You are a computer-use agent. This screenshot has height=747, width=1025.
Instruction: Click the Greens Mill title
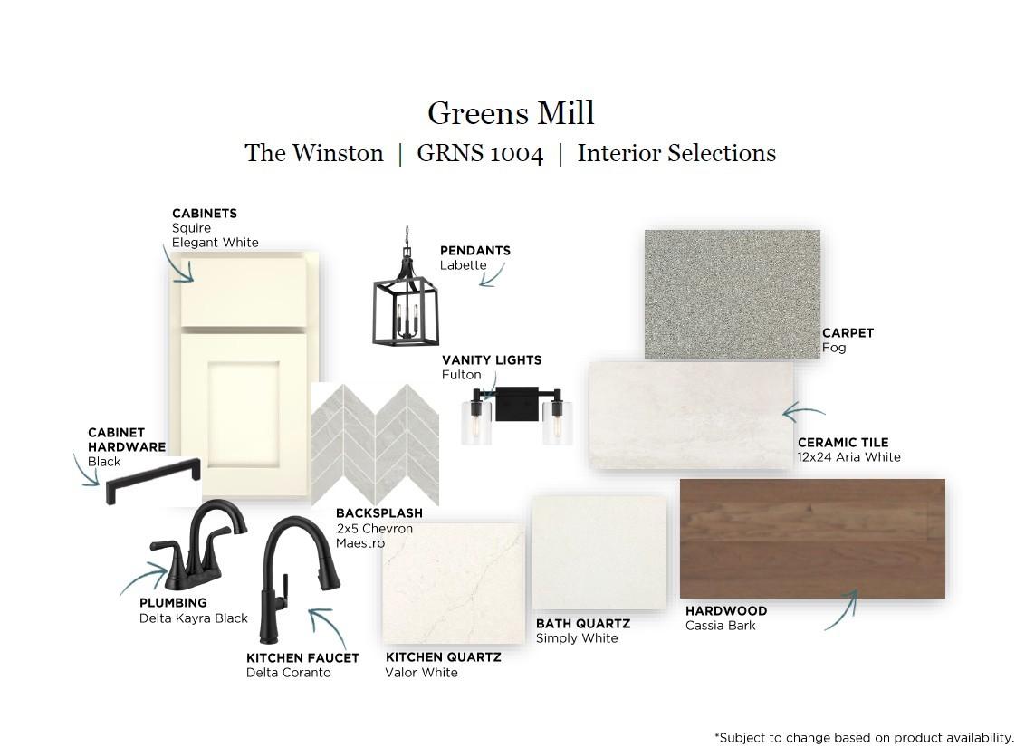(x=512, y=113)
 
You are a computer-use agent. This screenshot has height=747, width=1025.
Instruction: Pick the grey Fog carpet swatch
(x=733, y=293)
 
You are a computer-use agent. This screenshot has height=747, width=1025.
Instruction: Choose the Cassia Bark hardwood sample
(x=812, y=539)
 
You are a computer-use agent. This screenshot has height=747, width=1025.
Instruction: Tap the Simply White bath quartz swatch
(x=599, y=552)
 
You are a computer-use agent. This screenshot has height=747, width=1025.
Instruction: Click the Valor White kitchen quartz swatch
(x=454, y=583)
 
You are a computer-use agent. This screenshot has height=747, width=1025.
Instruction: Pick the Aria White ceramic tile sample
(x=691, y=415)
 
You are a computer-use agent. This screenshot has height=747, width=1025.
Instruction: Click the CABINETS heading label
(x=205, y=214)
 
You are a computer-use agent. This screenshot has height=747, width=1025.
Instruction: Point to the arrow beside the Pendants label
(x=493, y=275)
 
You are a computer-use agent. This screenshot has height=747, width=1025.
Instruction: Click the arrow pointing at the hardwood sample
(x=843, y=609)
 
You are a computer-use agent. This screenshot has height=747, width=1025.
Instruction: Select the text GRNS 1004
(x=480, y=154)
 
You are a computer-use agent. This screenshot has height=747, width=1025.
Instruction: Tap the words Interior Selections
(x=676, y=154)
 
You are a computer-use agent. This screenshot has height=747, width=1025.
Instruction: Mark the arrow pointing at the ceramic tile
(x=803, y=412)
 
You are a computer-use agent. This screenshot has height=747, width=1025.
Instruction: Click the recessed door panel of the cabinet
(x=244, y=415)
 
